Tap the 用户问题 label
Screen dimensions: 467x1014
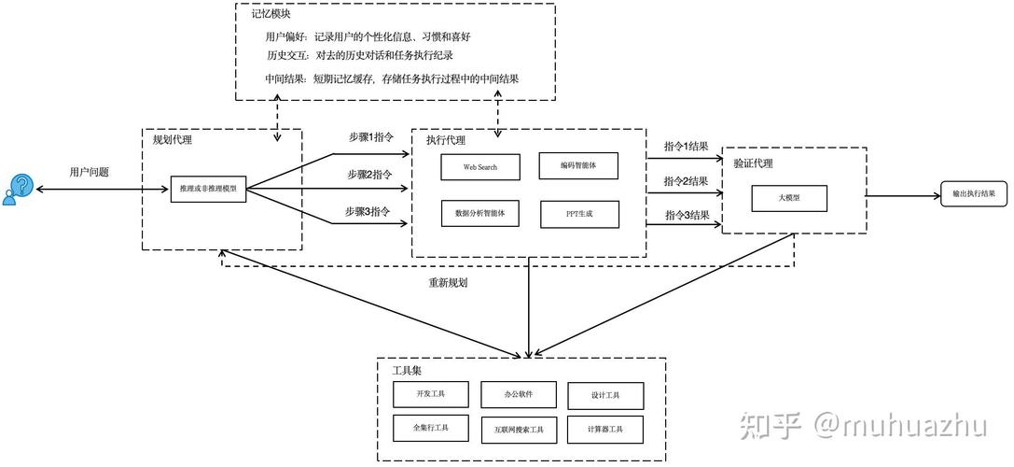[89, 172]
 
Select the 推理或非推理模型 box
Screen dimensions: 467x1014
[208, 189]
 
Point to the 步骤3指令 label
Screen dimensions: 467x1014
[368, 211]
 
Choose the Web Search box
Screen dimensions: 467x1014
[479, 167]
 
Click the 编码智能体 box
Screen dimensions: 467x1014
[578, 165]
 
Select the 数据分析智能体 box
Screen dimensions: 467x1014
[479, 213]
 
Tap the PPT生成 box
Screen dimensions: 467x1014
[578, 214]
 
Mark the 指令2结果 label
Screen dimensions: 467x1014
[686, 180]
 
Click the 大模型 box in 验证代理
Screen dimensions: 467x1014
[789, 198]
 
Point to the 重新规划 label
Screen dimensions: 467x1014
[448, 282]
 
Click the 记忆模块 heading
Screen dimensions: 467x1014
[270, 13]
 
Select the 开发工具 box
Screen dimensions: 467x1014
[431, 394]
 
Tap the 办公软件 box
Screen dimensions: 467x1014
[519, 394]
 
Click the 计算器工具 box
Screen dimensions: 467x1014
[604, 429]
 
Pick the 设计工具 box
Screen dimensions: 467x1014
[604, 395]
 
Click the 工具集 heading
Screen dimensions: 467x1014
[407, 371]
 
